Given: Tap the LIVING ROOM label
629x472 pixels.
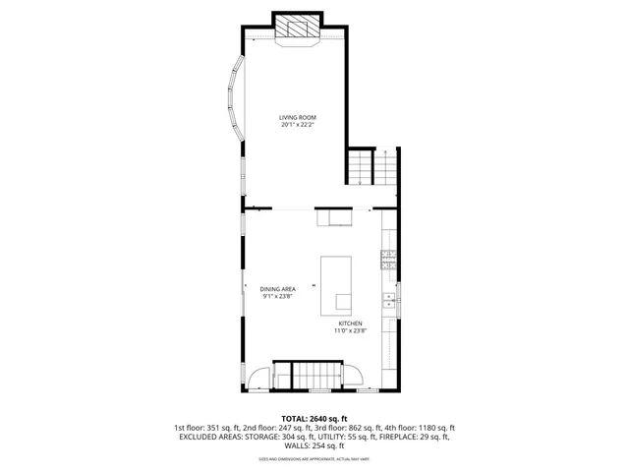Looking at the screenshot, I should [298, 117].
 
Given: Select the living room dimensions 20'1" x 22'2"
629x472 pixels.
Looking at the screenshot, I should [298, 125].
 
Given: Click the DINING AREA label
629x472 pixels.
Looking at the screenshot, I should [278, 288].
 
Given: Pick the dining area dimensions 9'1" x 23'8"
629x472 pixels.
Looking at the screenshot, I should [278, 296].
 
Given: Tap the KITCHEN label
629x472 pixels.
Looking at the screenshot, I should [351, 324].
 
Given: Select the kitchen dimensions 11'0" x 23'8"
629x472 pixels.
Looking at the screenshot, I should [351, 331].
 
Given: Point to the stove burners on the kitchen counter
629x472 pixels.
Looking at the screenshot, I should [388, 261].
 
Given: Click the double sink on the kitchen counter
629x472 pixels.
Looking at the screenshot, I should [389, 302].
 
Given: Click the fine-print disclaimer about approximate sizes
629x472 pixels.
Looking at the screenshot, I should [314, 459].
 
